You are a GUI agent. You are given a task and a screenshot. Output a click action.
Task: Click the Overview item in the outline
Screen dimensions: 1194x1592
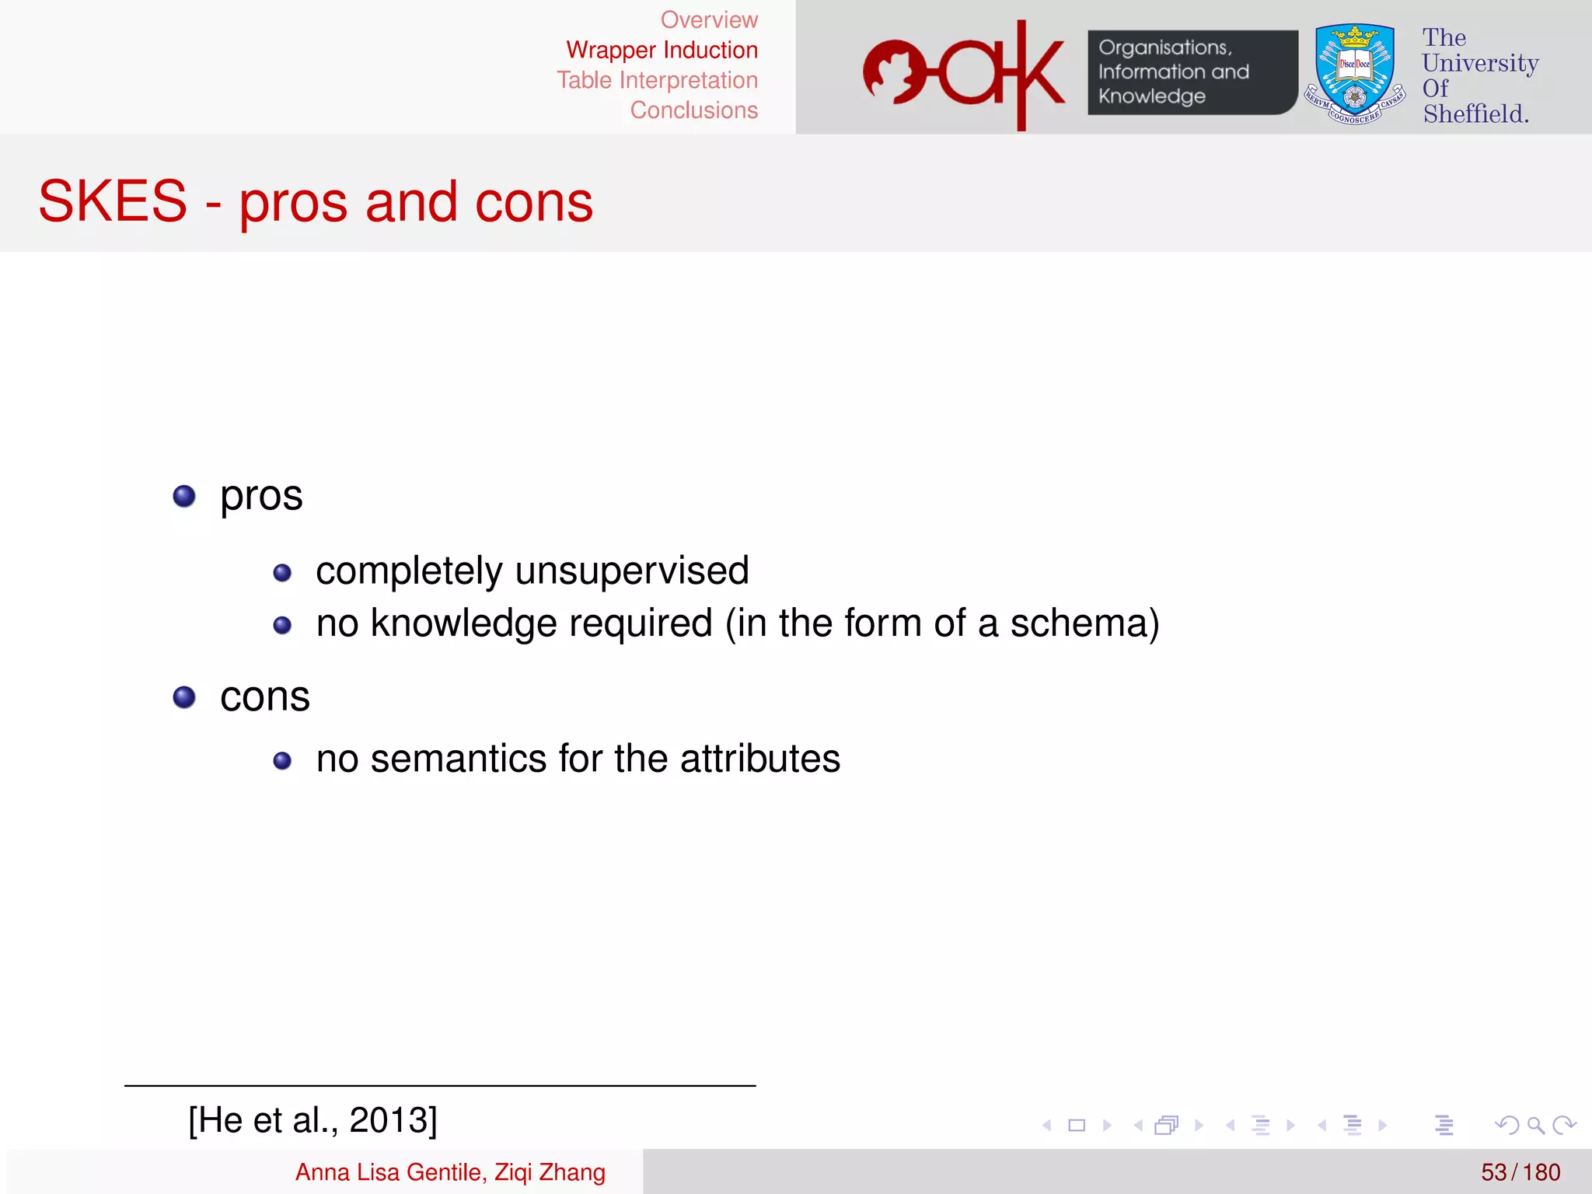pyautogui.click(x=708, y=20)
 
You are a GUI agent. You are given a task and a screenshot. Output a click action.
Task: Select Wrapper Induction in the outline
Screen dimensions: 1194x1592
pyautogui.click(x=662, y=51)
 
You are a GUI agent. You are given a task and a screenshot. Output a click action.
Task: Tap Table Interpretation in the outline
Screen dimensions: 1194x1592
pyautogui.click(x=657, y=80)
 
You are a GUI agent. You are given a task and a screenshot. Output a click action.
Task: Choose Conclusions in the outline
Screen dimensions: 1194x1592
pyautogui.click(x=693, y=110)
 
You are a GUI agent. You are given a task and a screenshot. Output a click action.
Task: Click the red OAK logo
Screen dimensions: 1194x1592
pyautogui.click(x=964, y=75)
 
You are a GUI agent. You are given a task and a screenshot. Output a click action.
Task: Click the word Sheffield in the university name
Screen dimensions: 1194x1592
pyautogui.click(x=1475, y=114)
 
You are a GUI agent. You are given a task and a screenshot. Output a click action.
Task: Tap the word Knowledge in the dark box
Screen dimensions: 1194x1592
pyautogui.click(x=1151, y=96)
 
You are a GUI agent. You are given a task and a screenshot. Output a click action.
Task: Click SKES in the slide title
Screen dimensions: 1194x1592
pyautogui.click(x=113, y=201)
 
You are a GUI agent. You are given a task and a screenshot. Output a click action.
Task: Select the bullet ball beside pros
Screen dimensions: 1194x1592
pyautogui.click(x=184, y=496)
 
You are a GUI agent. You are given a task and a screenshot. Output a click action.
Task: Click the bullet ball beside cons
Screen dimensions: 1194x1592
pyautogui.click(x=184, y=696)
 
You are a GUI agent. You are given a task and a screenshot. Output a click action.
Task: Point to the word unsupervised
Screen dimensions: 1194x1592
pyautogui.click(x=631, y=571)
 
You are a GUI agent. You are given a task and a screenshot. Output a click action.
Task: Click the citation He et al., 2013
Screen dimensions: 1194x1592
pyautogui.click(x=312, y=1120)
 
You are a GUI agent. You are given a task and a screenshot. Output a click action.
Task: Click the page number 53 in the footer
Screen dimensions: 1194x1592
pyautogui.click(x=1493, y=1172)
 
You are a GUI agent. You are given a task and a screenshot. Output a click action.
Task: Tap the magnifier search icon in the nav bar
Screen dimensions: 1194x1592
pyautogui.click(x=1535, y=1125)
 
